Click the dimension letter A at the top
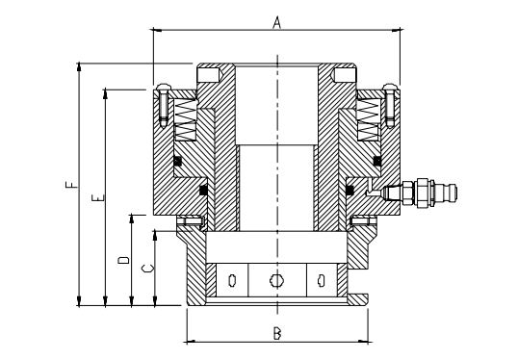(x=277, y=22)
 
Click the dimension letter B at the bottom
(x=277, y=333)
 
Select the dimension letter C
(x=147, y=269)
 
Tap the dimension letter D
(x=123, y=260)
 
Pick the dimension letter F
(x=71, y=184)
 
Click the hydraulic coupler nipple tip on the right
(x=454, y=192)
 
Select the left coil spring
(x=185, y=119)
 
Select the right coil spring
(x=368, y=119)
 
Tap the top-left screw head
(x=164, y=88)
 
